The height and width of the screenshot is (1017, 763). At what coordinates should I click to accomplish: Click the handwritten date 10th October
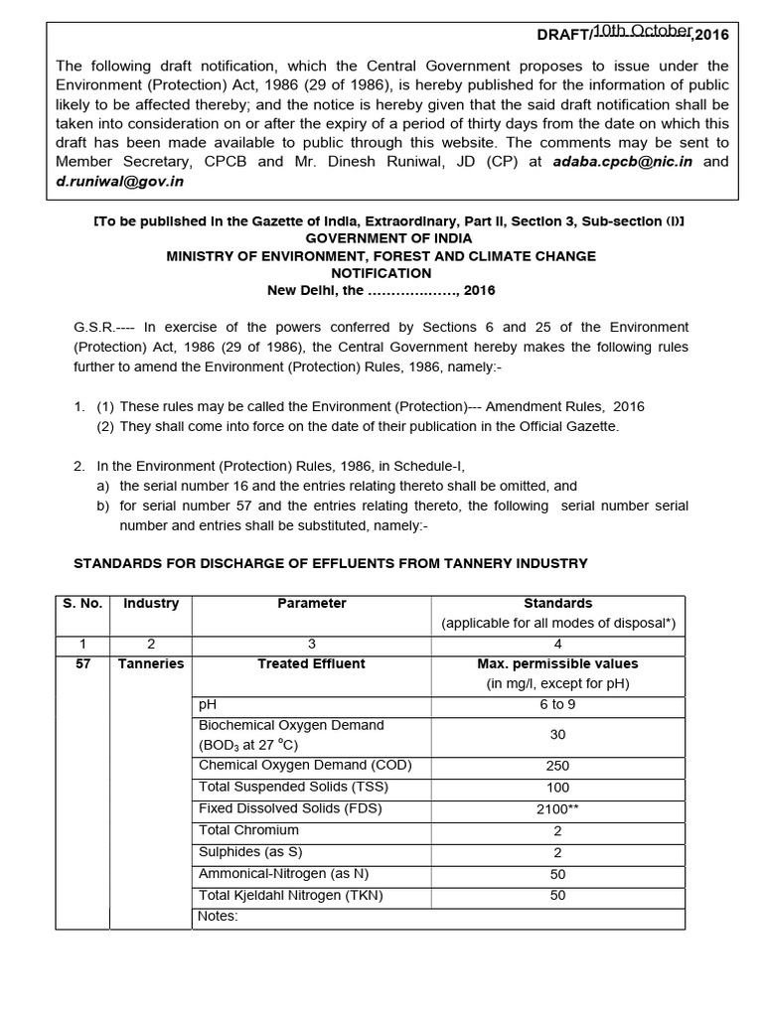[643, 31]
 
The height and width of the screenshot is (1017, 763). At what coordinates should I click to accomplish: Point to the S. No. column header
[82, 603]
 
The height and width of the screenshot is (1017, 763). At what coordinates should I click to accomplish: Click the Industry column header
[151, 603]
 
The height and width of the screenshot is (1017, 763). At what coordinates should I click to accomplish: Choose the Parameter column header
[311, 603]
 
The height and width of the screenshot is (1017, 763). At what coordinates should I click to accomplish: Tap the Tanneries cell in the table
[151, 663]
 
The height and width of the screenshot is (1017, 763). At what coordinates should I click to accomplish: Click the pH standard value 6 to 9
[557, 704]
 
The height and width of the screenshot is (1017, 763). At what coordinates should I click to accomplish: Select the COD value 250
[557, 766]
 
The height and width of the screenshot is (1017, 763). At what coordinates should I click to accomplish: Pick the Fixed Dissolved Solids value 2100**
[557, 808]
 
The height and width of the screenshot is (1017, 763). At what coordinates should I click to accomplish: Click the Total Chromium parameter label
[248, 830]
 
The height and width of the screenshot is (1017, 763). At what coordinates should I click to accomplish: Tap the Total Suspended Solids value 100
[557, 788]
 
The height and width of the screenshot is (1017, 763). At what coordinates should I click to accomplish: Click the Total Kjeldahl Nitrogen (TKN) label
[290, 895]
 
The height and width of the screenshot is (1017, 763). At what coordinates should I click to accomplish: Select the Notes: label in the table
[219, 916]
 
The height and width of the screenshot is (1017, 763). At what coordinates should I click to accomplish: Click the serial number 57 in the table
[82, 663]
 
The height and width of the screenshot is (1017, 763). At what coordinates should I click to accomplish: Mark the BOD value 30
[557, 735]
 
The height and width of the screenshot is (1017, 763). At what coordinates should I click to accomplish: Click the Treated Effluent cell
[311, 663]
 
